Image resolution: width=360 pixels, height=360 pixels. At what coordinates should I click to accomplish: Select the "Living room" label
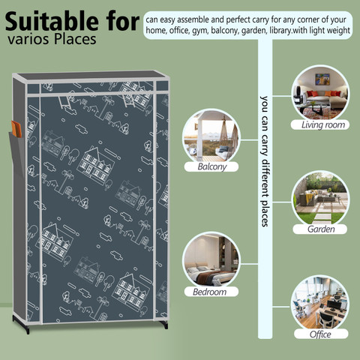coord(320,124)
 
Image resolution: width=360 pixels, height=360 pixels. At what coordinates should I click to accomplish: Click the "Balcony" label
coord(211,166)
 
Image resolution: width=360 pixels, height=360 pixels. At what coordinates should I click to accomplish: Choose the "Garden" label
coord(320,229)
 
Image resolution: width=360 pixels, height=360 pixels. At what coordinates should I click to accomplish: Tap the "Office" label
coord(321,334)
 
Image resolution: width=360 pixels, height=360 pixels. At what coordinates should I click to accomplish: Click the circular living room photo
coord(320,93)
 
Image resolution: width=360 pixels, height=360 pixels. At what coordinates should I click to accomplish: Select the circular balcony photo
coord(211,137)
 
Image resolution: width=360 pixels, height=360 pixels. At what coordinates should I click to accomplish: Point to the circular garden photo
coord(320,198)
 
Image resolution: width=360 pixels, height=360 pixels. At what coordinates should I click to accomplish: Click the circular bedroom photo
coord(211,260)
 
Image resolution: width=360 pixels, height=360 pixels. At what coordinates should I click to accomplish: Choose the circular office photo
coord(320,304)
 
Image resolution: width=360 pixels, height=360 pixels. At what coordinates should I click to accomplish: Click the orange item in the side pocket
coord(16,129)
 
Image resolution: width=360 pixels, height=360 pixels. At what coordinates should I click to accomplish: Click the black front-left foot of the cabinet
coord(22,324)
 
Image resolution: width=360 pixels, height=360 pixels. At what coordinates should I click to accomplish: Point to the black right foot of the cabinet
coord(164,325)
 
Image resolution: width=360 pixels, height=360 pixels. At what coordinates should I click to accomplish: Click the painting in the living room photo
coord(322,79)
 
